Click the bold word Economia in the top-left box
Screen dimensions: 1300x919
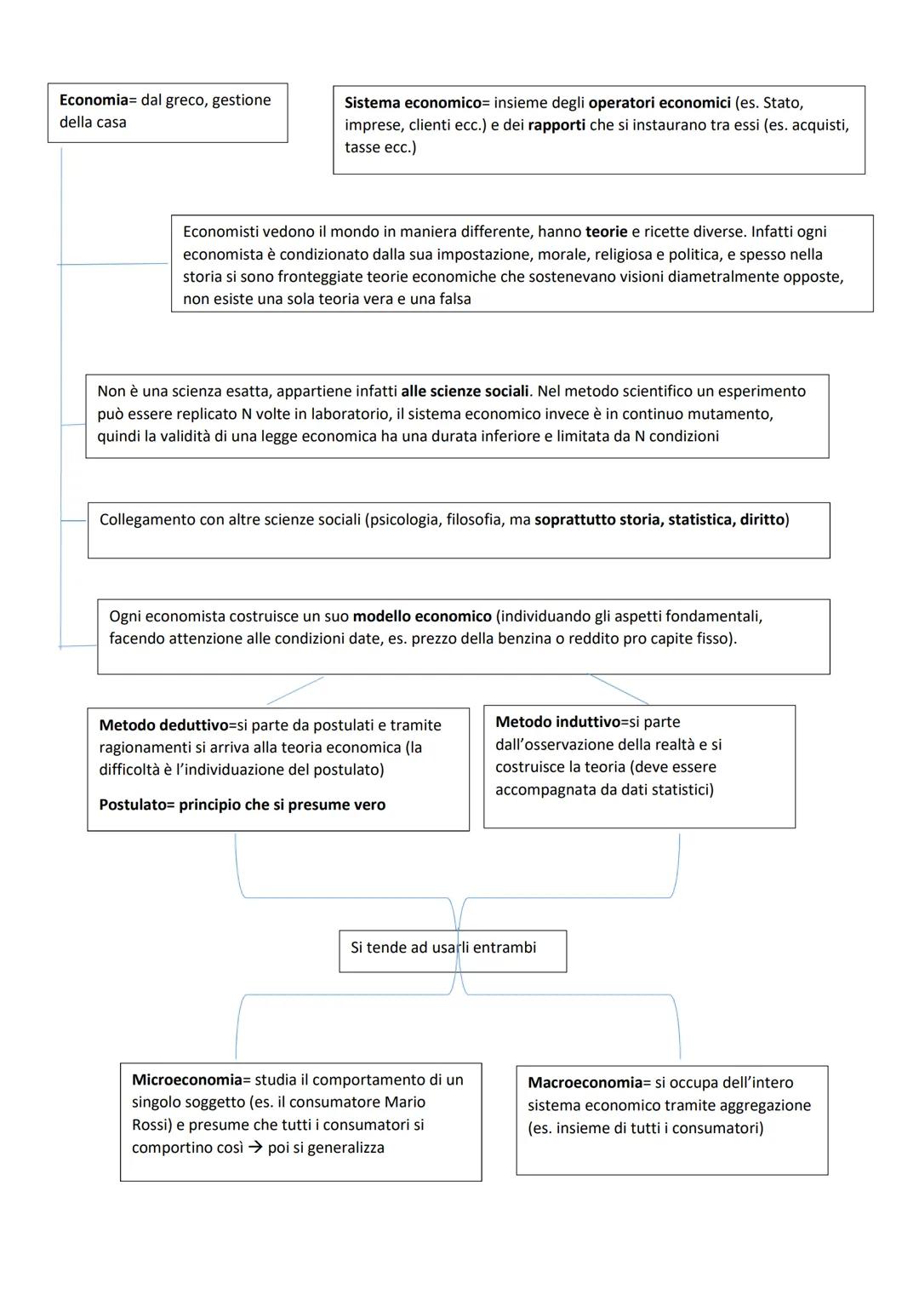point(93,100)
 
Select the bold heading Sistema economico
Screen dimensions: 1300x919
point(413,103)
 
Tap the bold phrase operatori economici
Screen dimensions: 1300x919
point(659,103)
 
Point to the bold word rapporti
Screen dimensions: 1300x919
point(557,125)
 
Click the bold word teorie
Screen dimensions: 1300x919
point(606,232)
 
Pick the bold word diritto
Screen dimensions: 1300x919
point(762,519)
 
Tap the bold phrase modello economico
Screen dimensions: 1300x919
point(422,616)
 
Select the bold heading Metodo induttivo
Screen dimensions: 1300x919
point(557,722)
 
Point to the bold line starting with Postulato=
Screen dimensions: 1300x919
point(242,805)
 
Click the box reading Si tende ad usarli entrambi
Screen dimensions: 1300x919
point(452,950)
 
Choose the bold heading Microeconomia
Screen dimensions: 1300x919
point(187,1080)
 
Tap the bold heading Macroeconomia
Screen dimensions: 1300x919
point(585,1083)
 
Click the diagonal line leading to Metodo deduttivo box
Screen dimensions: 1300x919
point(295,690)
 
